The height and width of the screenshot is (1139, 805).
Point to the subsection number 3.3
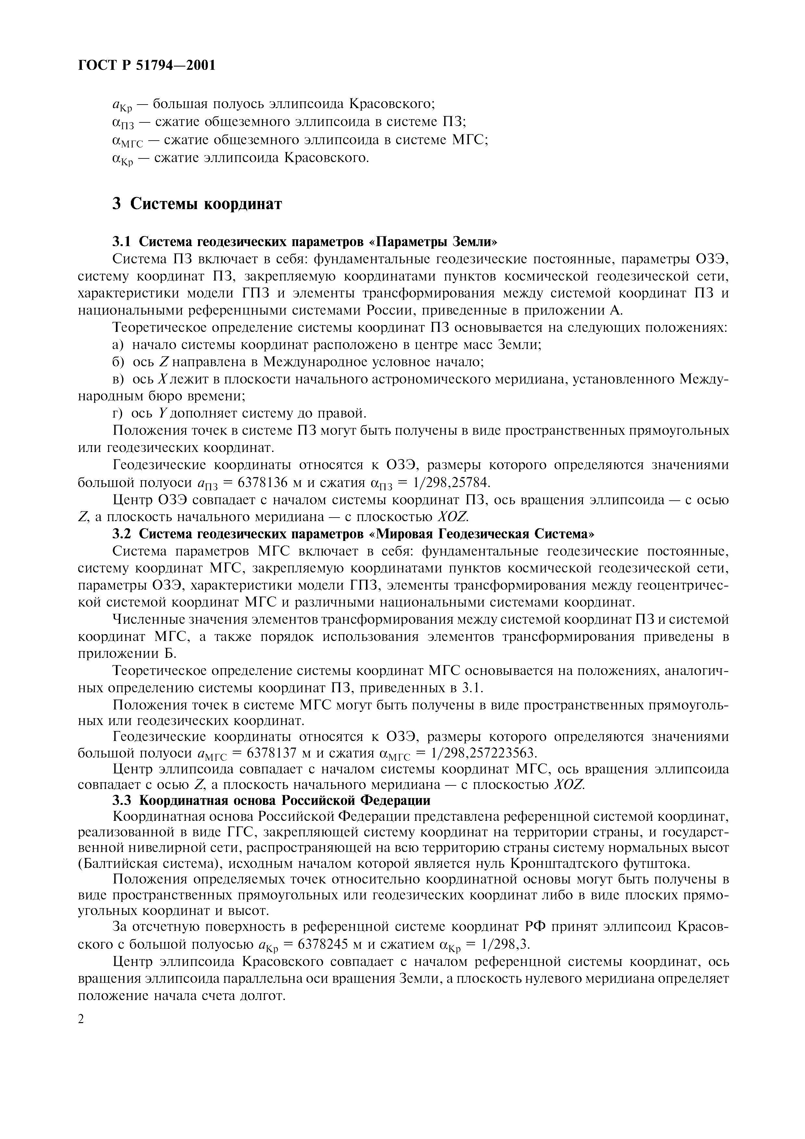click(121, 800)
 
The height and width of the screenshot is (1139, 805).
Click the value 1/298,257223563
click(484, 753)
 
